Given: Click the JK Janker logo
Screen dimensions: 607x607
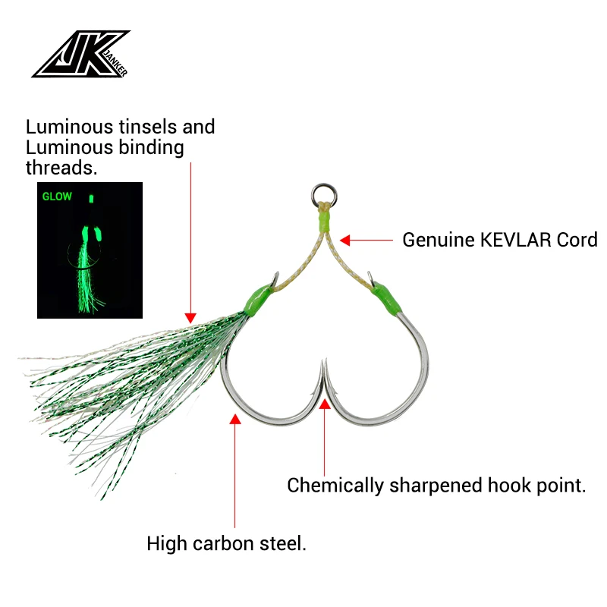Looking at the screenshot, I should [80, 55].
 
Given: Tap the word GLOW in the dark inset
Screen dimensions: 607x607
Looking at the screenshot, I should [58, 197].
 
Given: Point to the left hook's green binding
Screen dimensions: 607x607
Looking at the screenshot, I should [256, 299].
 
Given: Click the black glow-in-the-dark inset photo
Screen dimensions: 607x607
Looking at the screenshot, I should [90, 250].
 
